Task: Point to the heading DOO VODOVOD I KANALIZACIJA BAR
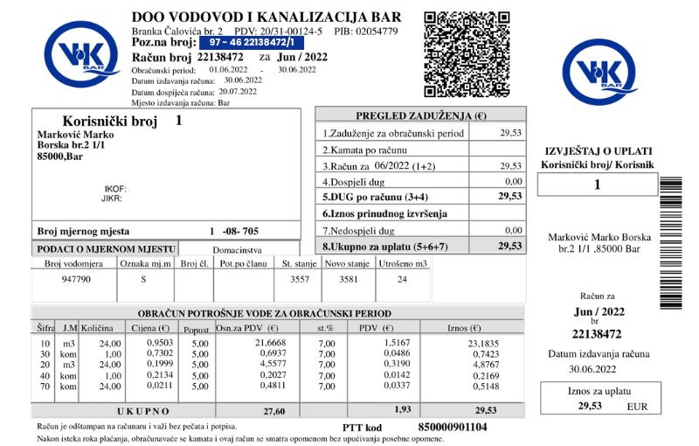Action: tap(266, 17)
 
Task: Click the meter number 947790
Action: tap(77, 280)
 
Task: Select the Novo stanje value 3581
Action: tap(349, 280)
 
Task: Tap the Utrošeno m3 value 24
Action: tap(402, 280)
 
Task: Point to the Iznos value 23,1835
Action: tap(484, 344)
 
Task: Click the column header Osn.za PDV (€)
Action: tap(246, 328)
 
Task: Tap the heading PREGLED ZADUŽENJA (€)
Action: tap(420, 115)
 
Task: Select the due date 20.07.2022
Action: tap(238, 91)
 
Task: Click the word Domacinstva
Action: tap(238, 250)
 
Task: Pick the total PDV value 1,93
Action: tap(402, 409)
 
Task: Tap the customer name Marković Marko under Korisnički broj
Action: tap(76, 135)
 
